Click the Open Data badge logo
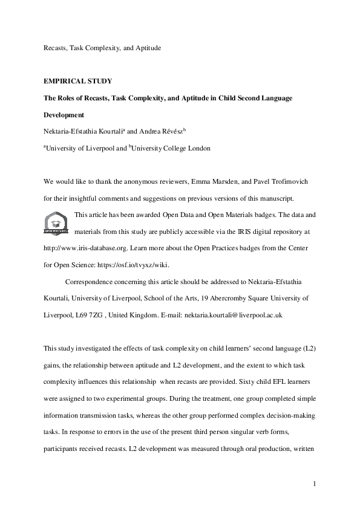[56, 223]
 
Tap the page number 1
[315, 484]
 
